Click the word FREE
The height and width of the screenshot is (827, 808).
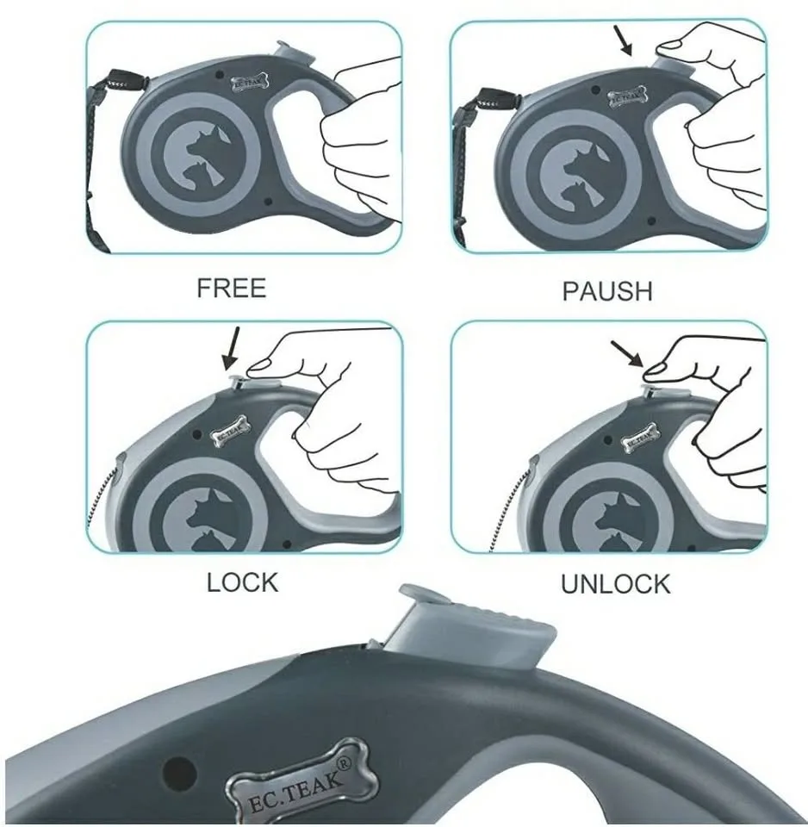click(x=231, y=288)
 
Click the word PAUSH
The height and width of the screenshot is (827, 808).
click(x=607, y=291)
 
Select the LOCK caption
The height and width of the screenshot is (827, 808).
click(x=243, y=583)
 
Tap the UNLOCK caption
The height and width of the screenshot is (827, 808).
click(x=616, y=584)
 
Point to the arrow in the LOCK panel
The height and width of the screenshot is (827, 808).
click(x=231, y=348)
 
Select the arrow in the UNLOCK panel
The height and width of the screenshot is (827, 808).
click(x=627, y=353)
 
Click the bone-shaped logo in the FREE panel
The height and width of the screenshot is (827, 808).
click(x=250, y=83)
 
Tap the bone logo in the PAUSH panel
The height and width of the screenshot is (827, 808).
click(x=628, y=96)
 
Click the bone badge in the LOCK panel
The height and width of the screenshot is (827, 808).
click(x=231, y=431)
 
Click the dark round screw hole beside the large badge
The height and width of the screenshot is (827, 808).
click(x=180, y=774)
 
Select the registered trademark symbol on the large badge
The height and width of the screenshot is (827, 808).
click(x=344, y=762)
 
